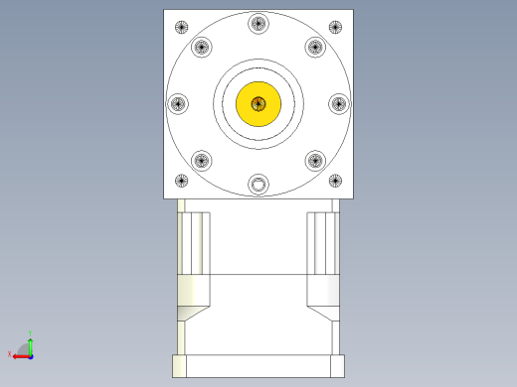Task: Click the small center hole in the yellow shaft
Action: pos(258,102)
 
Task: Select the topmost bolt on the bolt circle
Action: pos(258,24)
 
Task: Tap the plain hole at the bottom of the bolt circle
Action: pos(258,184)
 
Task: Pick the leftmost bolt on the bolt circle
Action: pos(179,103)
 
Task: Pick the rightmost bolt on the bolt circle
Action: pos(338,103)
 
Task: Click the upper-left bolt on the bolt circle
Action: pos(202,47)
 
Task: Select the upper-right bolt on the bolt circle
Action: pos(315,47)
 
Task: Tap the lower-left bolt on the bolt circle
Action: pos(202,160)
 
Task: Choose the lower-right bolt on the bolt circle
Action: pos(315,160)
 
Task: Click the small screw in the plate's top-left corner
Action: pos(181,27)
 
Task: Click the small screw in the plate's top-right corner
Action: pos(336,27)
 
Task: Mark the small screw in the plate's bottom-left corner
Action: pos(181,181)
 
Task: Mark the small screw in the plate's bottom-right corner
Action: pos(336,181)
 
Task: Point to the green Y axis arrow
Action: pos(31,343)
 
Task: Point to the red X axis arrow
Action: pos(19,354)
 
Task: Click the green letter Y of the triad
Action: pos(31,333)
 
